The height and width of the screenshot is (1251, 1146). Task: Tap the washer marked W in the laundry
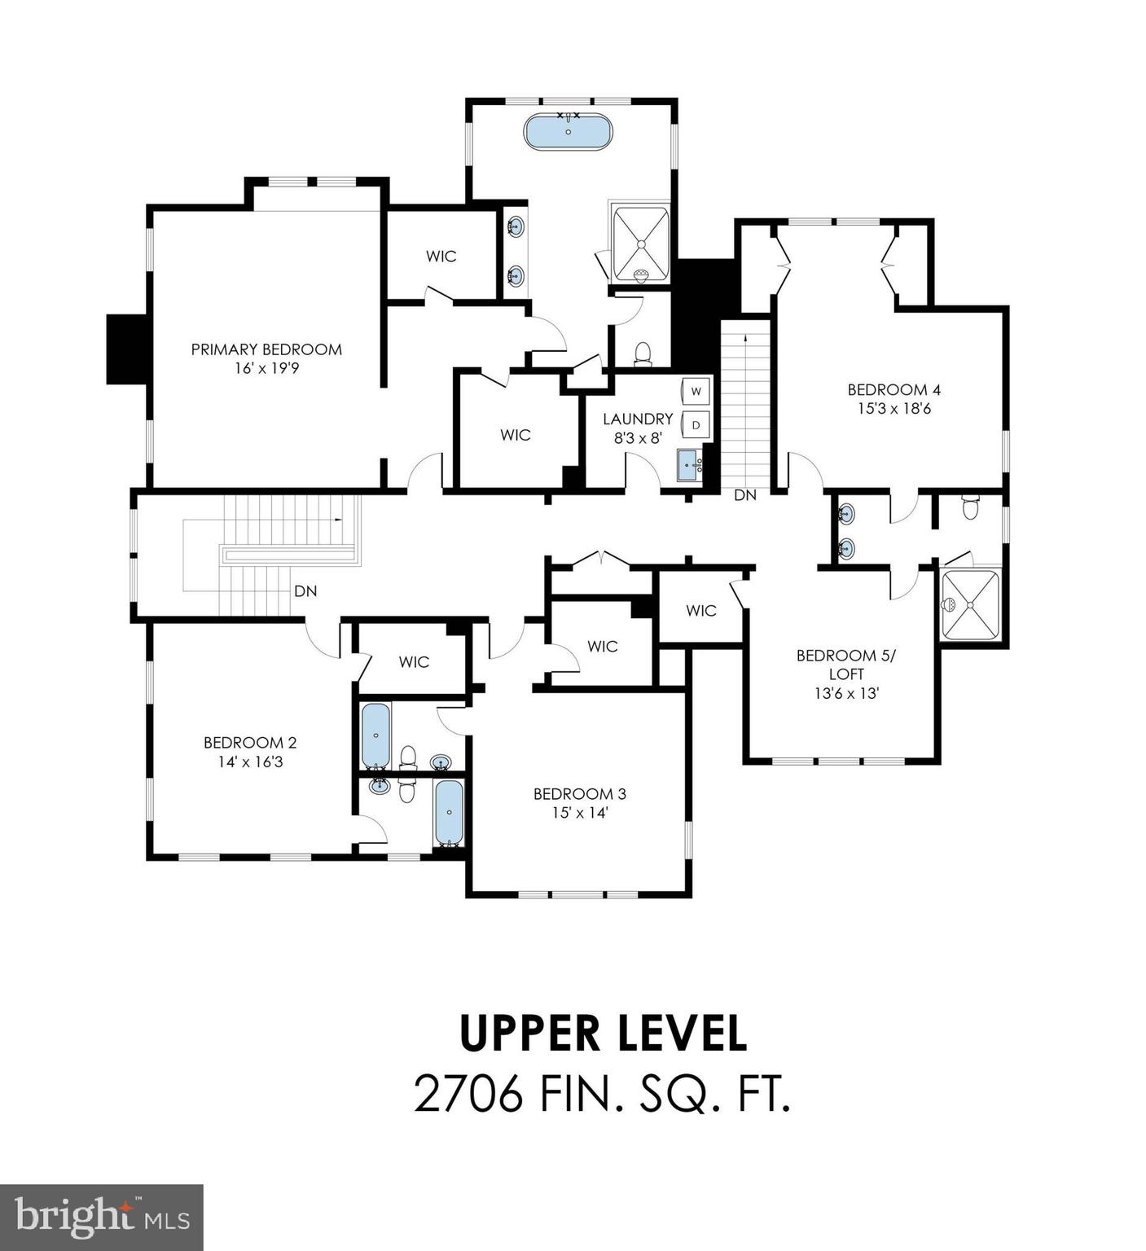[x=696, y=391]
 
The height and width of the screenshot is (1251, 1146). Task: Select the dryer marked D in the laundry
[x=696, y=424]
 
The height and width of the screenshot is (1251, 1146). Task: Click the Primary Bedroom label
[x=266, y=349]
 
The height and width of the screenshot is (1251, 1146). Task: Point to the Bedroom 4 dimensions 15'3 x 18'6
[x=894, y=409]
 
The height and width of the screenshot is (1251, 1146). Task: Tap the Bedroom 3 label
[x=580, y=793]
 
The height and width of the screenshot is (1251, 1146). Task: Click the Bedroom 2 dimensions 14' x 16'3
[x=249, y=762]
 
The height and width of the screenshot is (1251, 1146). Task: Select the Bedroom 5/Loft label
[x=846, y=665]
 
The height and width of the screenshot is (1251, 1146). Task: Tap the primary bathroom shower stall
[x=641, y=244]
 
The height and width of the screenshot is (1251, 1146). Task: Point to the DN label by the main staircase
[x=305, y=591]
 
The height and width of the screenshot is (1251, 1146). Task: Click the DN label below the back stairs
[x=745, y=494]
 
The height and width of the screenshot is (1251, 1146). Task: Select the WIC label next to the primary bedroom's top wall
[x=441, y=256]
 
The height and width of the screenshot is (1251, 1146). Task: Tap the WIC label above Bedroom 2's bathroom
[x=414, y=661]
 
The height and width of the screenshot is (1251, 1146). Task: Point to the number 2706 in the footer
[x=468, y=1094]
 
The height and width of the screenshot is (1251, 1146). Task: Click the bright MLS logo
[x=102, y=1217]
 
